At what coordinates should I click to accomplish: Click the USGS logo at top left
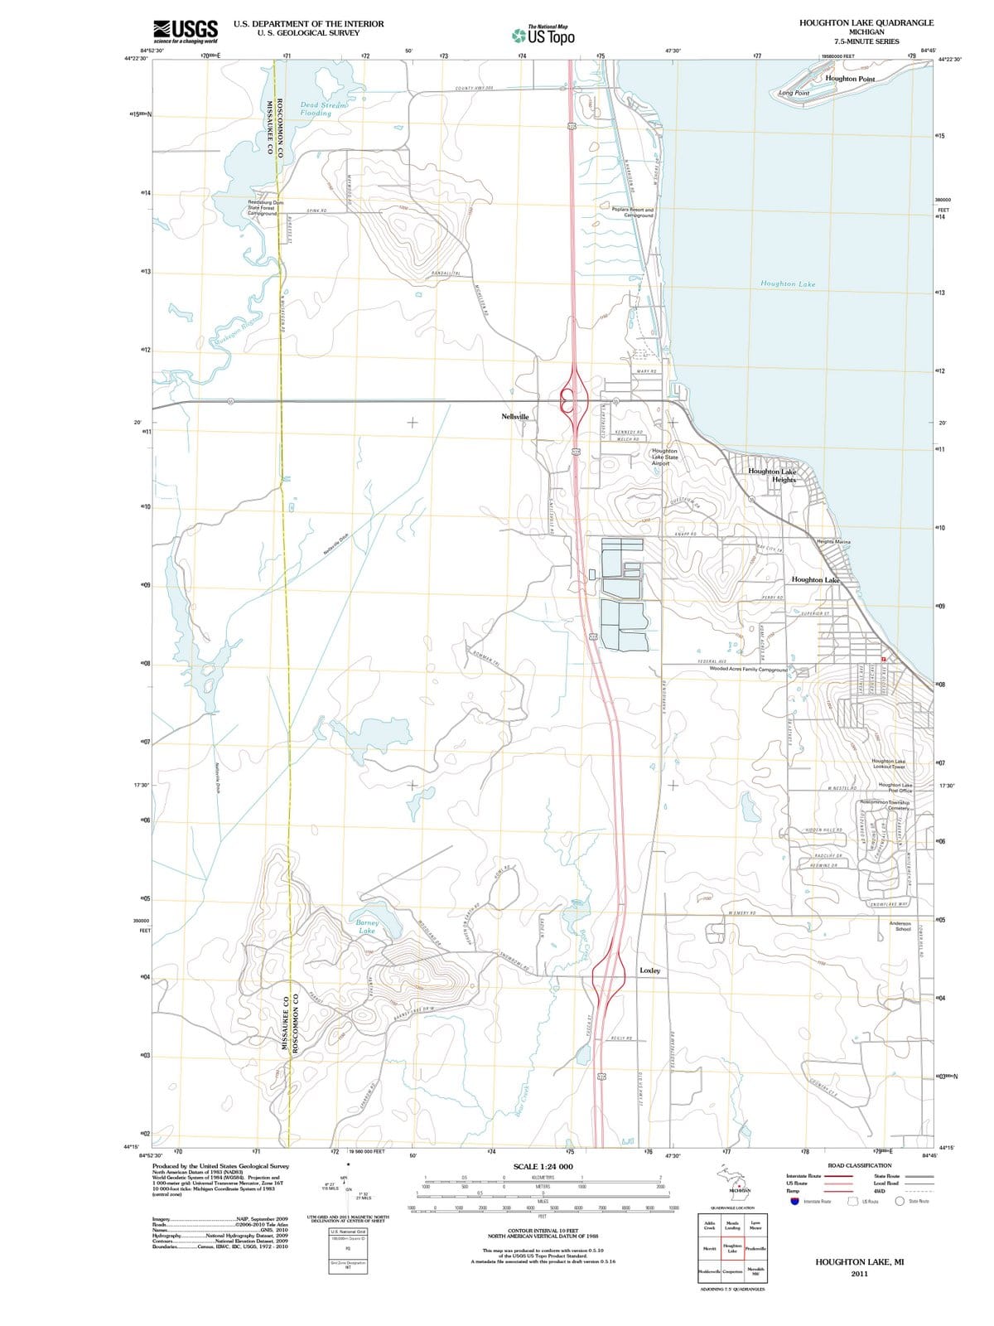[186, 31]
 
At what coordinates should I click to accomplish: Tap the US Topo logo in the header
[543, 36]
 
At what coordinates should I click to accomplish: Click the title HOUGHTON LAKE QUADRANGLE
[866, 22]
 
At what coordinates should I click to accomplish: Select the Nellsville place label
[515, 416]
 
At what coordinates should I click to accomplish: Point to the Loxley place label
[650, 970]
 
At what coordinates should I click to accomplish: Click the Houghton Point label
[850, 79]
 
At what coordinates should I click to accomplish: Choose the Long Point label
[794, 94]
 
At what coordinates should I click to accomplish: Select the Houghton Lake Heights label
[773, 476]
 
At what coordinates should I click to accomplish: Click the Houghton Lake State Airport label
[664, 457]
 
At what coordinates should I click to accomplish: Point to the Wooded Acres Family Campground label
[748, 669]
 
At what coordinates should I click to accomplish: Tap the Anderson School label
[900, 926]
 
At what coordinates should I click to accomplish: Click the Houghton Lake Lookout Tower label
[889, 763]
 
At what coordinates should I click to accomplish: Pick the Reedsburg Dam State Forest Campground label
[266, 207]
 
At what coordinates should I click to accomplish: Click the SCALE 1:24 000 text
[543, 1167]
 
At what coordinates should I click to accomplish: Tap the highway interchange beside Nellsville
[572, 400]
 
